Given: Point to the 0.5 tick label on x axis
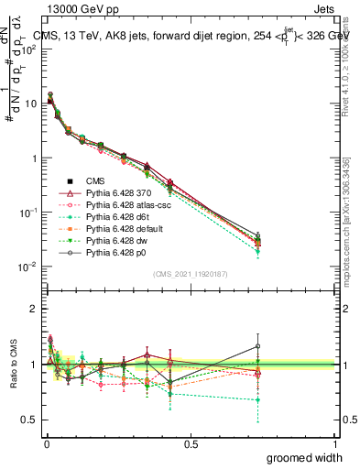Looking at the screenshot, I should pos(191,442).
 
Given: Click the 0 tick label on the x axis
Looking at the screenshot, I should pos(46,442).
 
